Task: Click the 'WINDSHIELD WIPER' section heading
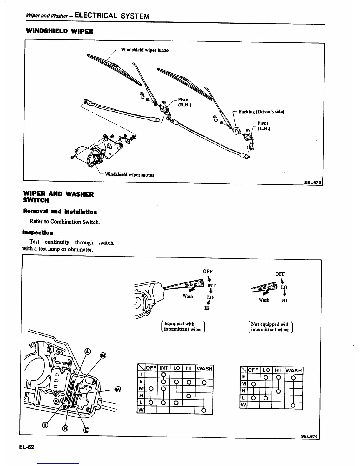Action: pos(59,31)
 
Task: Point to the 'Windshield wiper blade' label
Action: pos(145,50)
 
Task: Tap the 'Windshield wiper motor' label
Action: pos(129,175)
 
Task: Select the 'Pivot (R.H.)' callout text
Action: pos(184,102)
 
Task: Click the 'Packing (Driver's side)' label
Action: pos(261,112)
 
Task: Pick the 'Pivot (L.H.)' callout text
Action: pos(263,126)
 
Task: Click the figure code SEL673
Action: pos(313,182)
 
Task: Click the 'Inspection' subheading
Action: pos(38,233)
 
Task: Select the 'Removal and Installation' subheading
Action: pos(60,212)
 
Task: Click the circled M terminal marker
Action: pos(103,356)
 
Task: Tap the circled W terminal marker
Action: pos(118,389)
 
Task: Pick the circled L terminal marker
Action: pos(87,351)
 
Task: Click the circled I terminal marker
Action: pos(45,425)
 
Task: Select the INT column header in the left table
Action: pos(164,368)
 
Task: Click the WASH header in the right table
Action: pos(294,370)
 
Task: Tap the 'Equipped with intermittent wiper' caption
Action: pos(183,327)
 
